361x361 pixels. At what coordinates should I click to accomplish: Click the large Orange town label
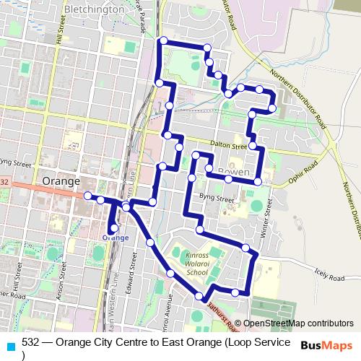tap(61, 181)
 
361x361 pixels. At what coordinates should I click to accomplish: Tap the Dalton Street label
tap(230, 144)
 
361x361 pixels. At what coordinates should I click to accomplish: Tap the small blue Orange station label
tap(116, 238)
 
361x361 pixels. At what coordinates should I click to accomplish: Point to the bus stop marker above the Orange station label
tap(114, 228)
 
